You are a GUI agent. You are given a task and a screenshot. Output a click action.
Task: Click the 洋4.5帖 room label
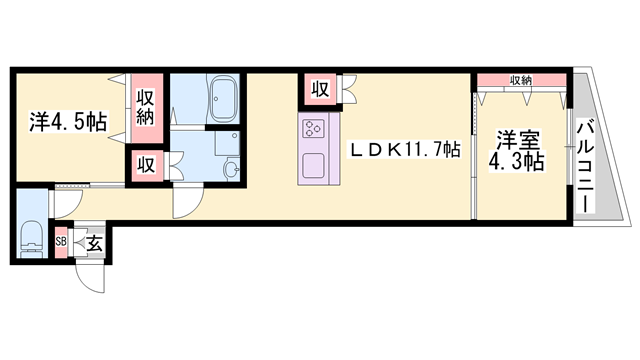pos(68,121)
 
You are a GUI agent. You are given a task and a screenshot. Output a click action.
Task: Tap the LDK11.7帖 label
pos(404,150)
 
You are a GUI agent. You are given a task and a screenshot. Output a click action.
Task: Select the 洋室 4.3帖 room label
pos(517,151)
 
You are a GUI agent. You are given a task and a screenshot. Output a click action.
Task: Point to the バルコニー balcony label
pos(585,166)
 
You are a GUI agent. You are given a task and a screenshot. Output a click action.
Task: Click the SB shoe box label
pos(61,241)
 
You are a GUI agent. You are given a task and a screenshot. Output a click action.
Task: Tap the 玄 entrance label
pos(94,244)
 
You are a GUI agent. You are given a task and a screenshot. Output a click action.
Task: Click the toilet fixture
pos(32,240)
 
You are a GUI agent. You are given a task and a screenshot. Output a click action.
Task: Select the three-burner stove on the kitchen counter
pos(313,128)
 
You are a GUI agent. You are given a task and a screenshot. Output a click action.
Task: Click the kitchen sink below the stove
pos(313,166)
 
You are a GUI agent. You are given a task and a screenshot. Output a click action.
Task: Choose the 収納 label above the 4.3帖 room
pos(520,80)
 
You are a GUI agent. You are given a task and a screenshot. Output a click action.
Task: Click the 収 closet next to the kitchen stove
pos(320,89)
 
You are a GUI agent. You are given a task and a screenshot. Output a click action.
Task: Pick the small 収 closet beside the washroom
pos(146,165)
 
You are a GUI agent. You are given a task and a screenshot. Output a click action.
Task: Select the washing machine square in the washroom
pos(227,143)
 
